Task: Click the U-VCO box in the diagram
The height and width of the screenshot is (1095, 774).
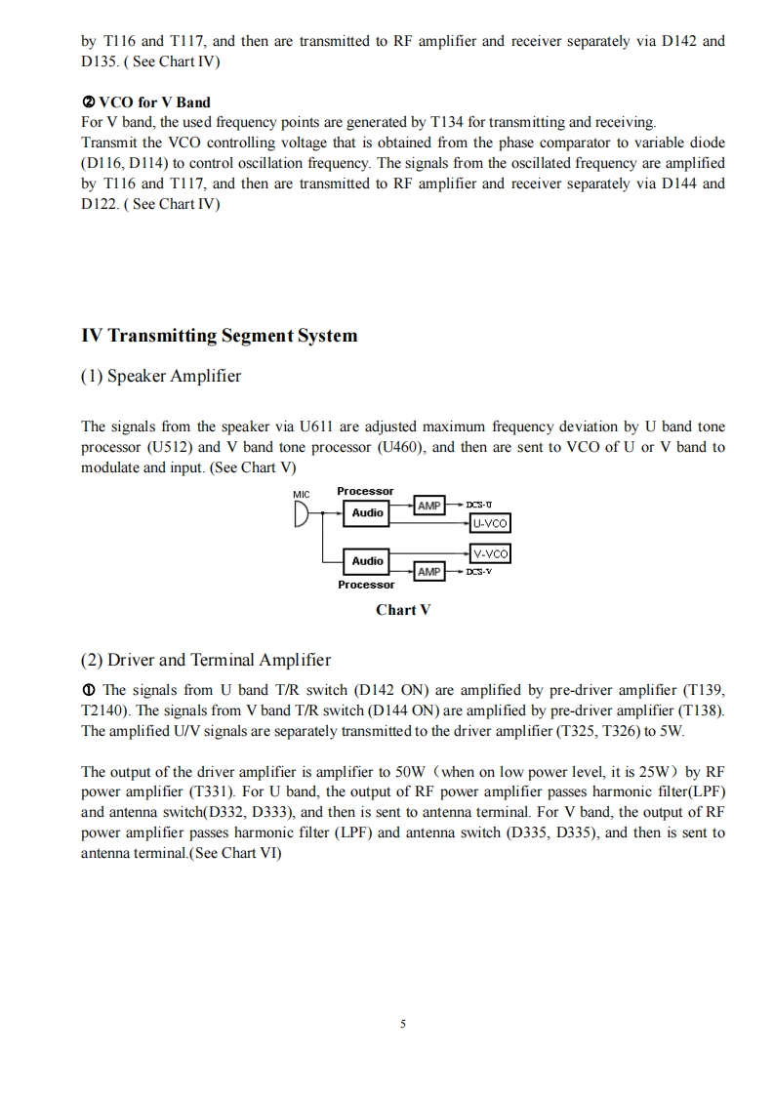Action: coord(490,523)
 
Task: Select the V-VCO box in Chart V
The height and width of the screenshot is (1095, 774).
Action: coord(490,553)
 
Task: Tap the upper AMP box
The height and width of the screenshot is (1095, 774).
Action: coord(429,506)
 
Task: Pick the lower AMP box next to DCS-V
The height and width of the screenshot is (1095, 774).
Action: coord(429,571)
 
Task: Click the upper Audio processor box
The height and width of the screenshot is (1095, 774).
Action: coord(368,512)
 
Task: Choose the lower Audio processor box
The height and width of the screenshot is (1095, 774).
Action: coord(368,560)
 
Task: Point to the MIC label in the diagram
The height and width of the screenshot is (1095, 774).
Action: coord(302,493)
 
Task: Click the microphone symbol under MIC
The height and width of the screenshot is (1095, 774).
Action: coord(301,513)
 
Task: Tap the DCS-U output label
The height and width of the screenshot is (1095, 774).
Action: coord(478,505)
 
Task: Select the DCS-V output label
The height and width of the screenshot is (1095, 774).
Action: coord(478,571)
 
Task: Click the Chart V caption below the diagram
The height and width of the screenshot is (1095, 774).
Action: coord(403,610)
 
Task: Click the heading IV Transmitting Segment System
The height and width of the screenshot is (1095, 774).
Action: coord(220,336)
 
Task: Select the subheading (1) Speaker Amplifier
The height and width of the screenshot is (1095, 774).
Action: coord(161,376)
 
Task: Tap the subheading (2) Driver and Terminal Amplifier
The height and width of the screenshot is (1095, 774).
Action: coord(206,660)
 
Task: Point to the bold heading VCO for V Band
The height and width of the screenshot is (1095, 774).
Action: coord(154,102)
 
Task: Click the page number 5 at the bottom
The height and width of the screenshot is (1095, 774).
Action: coord(402,1025)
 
